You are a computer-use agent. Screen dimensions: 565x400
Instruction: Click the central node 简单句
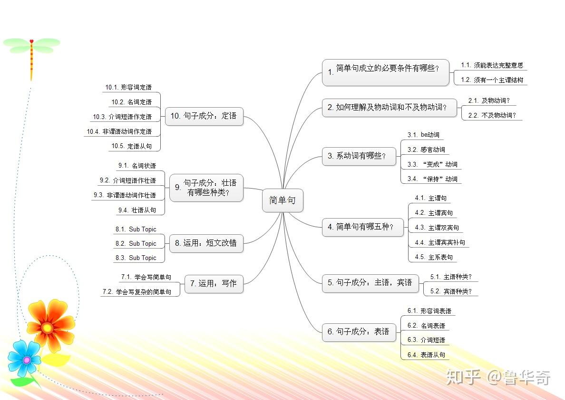[x=282, y=200]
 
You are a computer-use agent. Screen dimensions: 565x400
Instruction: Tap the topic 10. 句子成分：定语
[x=204, y=116]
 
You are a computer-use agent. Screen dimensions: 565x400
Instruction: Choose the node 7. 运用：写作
[x=214, y=283]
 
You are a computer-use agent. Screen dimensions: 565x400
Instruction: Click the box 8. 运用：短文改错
[x=206, y=243]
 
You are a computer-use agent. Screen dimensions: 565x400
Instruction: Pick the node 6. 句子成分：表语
[x=359, y=331]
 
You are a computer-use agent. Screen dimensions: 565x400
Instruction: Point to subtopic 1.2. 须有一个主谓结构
[x=492, y=80]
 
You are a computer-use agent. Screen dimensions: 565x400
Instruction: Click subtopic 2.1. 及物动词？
[x=489, y=100]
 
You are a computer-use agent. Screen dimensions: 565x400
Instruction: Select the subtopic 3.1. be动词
[x=423, y=135]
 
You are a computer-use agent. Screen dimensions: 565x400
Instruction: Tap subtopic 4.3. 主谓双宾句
[x=437, y=228]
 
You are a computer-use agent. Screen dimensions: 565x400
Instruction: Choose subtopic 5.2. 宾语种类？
[x=451, y=291]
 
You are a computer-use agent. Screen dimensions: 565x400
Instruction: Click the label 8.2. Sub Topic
[x=136, y=243]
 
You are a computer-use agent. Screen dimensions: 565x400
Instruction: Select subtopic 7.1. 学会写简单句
[x=146, y=277]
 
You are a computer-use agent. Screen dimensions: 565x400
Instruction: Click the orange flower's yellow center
[x=47, y=328]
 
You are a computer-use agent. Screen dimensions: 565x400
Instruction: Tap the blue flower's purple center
[x=27, y=360]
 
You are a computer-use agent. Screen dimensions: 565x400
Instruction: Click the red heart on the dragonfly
[x=31, y=41]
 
